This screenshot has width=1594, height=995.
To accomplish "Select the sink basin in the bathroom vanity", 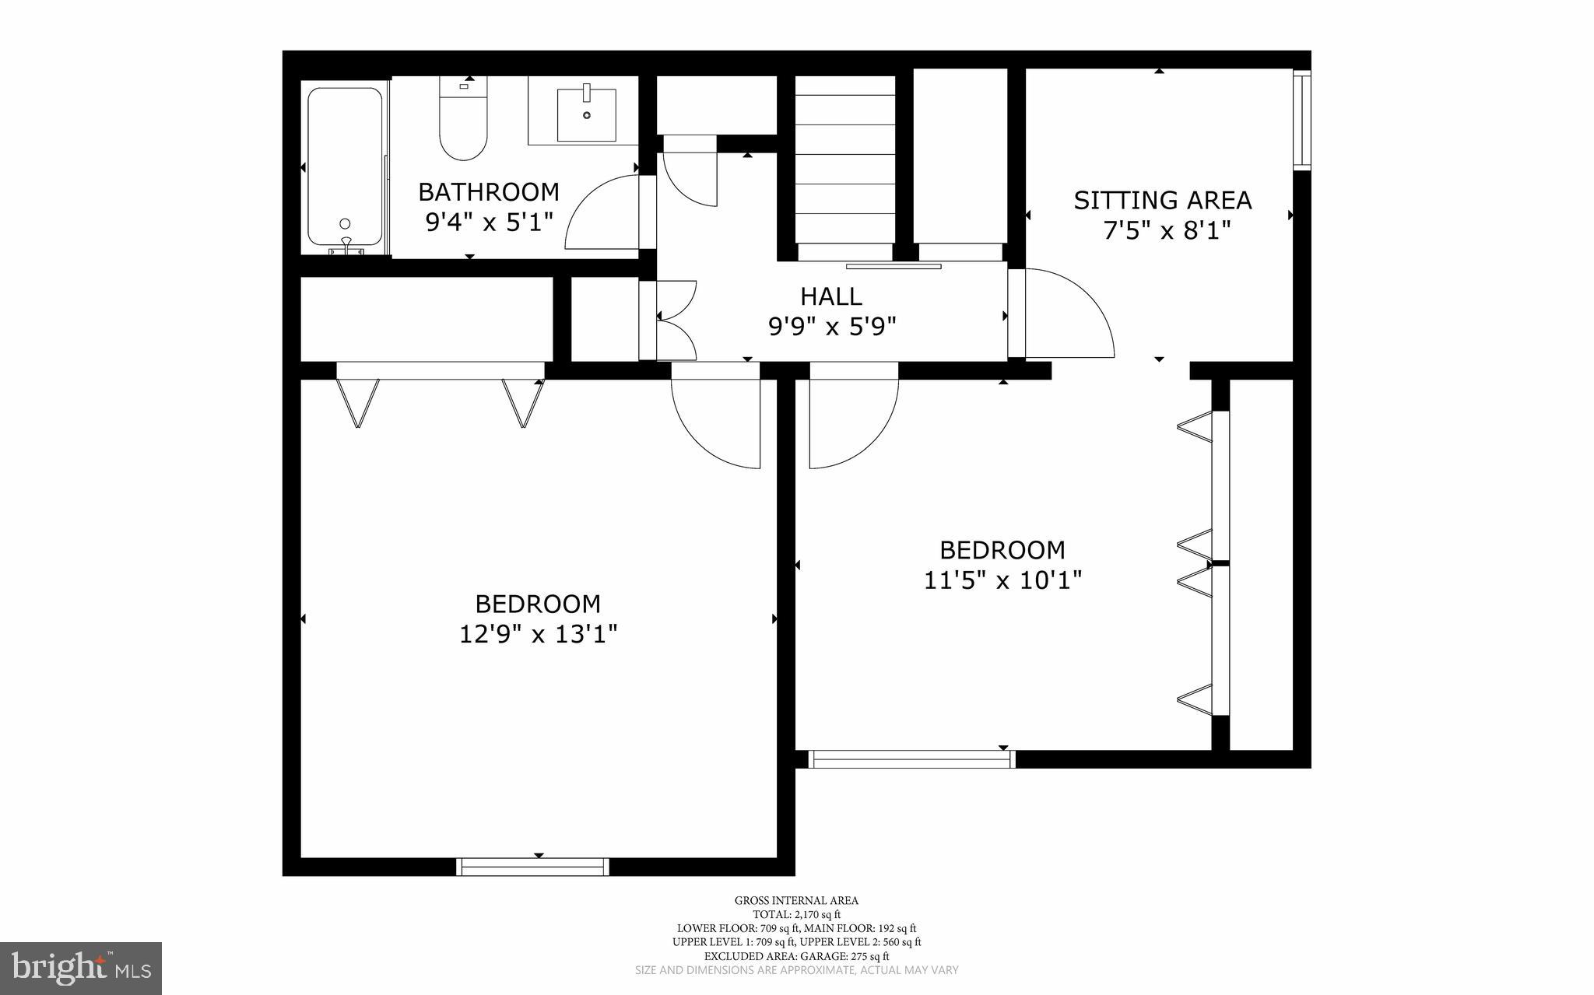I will tap(586, 114).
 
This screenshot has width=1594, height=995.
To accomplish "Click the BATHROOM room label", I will tap(489, 191).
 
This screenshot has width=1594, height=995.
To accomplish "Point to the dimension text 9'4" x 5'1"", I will tap(489, 222).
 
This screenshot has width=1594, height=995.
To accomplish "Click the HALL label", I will tap(831, 296).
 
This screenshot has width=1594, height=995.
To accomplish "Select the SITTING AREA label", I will tap(1162, 201).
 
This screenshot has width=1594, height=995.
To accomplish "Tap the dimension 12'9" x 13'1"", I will tap(538, 635).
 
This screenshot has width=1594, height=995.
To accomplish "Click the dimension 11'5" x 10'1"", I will tap(1002, 580).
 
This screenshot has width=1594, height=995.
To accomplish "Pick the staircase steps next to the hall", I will tap(845, 167).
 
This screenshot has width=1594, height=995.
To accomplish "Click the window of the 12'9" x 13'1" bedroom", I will tap(532, 867).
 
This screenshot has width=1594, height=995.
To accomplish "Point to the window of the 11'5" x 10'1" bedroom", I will tap(911, 759).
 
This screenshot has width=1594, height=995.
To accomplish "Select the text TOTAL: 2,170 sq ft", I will tap(796, 914).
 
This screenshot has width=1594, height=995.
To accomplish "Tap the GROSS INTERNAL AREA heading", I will tap(796, 901).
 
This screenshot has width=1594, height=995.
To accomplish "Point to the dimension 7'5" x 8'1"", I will tap(1167, 231).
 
